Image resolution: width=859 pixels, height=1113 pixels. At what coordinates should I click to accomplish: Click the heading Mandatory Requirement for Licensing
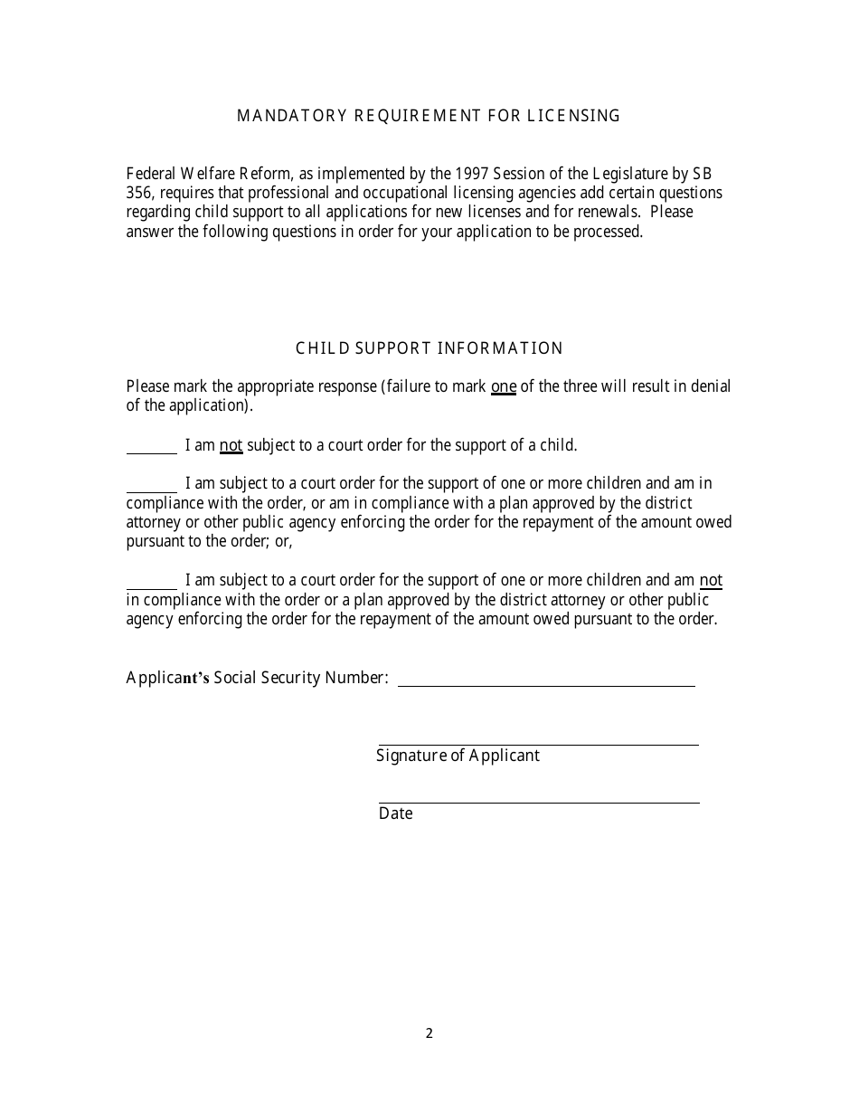coord(429,116)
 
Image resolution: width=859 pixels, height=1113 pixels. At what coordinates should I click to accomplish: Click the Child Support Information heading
coord(429,348)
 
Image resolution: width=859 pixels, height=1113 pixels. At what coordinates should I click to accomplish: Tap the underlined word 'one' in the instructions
coord(503,387)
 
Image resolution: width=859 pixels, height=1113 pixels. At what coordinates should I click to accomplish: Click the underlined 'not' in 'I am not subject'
coord(231,445)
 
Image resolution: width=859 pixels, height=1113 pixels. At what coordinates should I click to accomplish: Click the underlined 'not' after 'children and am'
coord(711,580)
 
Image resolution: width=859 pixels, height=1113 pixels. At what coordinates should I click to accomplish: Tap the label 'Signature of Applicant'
coord(458,756)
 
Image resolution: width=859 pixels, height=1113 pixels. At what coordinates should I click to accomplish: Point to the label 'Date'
coord(395,813)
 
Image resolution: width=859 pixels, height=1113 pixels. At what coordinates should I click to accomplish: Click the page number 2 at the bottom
coord(429,1033)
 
